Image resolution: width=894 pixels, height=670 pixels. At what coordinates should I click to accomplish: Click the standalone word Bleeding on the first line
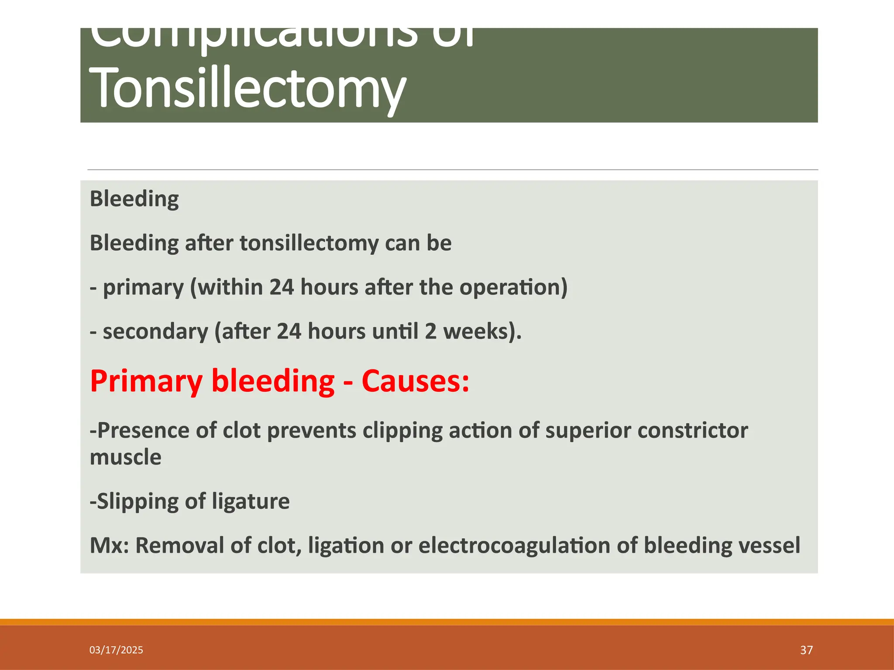[x=134, y=199]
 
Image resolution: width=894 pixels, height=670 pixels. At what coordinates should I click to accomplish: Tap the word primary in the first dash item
[x=143, y=288]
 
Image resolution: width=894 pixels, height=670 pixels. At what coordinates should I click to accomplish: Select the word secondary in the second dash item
[x=155, y=332]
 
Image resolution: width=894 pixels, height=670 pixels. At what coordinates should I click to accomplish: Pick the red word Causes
[x=415, y=381]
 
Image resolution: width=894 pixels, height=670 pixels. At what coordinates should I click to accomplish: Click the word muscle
[x=125, y=457]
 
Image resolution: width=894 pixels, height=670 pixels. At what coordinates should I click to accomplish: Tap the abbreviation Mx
[x=109, y=545]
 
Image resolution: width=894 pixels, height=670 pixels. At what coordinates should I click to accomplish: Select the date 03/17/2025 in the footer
[x=116, y=650]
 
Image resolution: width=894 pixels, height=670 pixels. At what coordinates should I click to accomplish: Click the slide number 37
[x=806, y=650]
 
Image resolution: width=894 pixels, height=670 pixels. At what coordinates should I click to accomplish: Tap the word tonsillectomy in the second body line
[x=309, y=243]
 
